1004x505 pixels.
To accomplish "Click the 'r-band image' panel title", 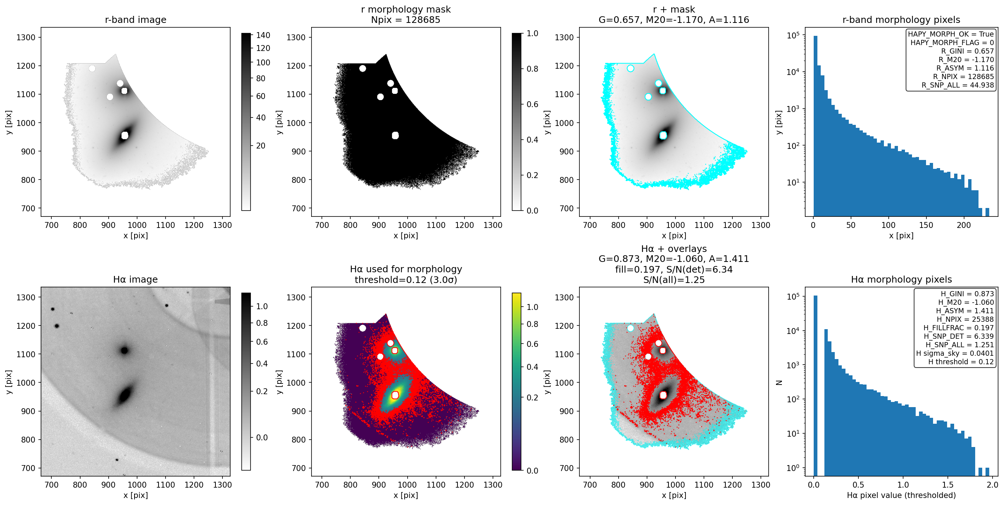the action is point(136,20).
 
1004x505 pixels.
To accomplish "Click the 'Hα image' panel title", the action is point(136,279).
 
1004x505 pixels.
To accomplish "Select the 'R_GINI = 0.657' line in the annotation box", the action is point(967,51).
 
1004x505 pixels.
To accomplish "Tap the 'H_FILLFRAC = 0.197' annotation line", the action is point(959,328).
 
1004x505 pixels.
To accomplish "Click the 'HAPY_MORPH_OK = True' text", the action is point(951,34).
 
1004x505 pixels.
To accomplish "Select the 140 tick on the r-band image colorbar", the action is point(263,35).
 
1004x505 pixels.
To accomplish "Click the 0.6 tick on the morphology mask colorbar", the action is point(532,104).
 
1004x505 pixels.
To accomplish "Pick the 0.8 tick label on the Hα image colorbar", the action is point(262,323).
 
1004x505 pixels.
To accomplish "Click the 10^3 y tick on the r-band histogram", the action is point(793,108).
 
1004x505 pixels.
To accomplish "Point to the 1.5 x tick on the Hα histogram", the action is point(947,485).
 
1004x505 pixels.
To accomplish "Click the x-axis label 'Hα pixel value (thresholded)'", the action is point(901,495).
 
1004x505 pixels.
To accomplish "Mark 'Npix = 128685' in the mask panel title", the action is point(406,20).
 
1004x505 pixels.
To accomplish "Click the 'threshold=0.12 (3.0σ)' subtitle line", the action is point(406,279).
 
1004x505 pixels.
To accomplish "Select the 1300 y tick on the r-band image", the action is point(26,37).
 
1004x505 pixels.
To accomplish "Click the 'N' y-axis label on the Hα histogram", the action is point(779,382).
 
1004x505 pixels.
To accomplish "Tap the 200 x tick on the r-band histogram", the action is point(963,225).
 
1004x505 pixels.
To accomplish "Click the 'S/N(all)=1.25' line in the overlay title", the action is point(674,279).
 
